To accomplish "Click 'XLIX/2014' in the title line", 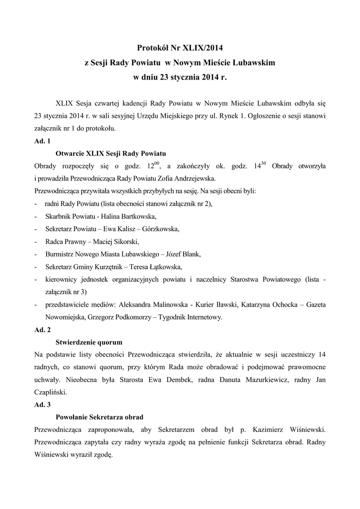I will (x=203, y=48).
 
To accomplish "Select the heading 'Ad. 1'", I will (x=42, y=141).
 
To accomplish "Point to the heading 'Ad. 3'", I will (x=42, y=405).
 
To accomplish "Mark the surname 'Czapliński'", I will (x=52, y=392).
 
